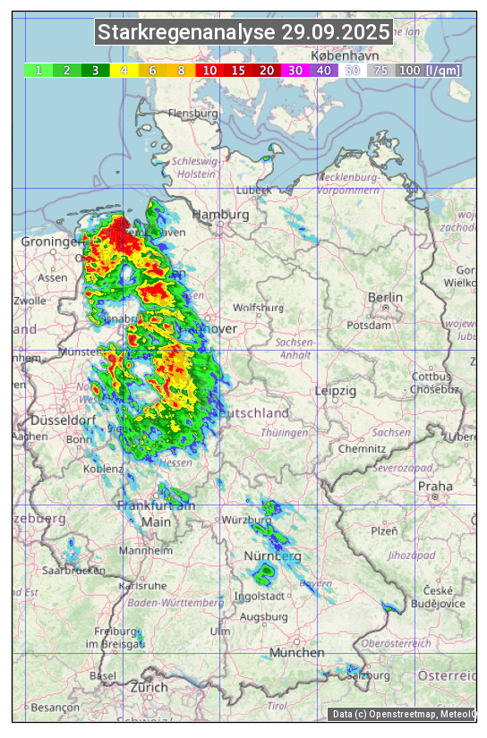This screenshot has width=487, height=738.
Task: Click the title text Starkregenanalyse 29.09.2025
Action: coord(243,33)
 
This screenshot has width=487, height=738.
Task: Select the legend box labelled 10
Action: coord(209,70)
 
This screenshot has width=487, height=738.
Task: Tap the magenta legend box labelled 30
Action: coord(295,70)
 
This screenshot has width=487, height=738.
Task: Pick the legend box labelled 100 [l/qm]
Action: coord(429,70)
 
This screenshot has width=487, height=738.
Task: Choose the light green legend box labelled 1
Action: coord(38,70)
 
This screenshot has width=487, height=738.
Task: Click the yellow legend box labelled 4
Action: coord(124,70)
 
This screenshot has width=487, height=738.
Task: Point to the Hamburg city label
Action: coord(220,215)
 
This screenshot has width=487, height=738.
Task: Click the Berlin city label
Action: coord(385,297)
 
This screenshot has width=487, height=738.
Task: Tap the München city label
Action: coord(296,653)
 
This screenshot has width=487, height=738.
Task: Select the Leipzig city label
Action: coord(336,391)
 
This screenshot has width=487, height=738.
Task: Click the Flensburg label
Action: coord(192,114)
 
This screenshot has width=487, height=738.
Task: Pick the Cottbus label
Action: coord(431,377)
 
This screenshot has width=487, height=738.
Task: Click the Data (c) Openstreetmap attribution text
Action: coord(403,714)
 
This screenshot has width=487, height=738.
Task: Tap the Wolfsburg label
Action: coord(258,308)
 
